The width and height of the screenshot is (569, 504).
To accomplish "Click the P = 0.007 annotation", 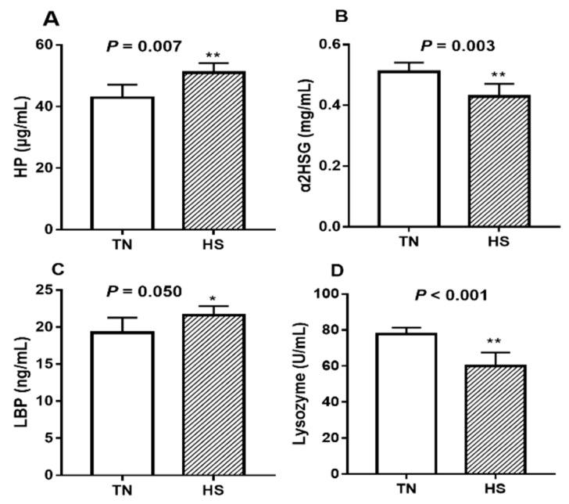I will point(146,47).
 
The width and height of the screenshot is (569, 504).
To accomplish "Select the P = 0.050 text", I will point(144,291).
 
